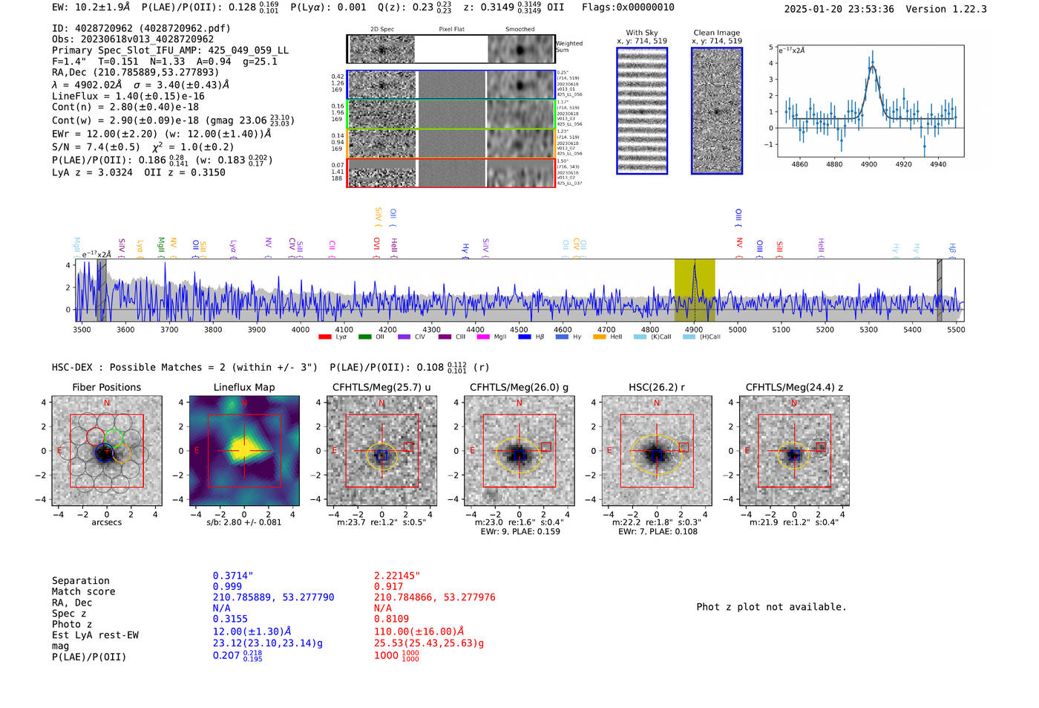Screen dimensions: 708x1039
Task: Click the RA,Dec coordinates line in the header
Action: click(x=135, y=72)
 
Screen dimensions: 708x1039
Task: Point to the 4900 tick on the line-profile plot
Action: click(x=868, y=164)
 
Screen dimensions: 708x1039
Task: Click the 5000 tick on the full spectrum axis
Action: click(x=738, y=329)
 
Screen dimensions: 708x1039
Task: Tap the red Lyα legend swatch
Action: click(x=325, y=337)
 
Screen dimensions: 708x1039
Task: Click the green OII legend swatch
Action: click(x=364, y=337)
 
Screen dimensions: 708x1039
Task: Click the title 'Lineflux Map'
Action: click(x=243, y=387)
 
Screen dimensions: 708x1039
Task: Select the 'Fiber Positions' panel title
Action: click(x=106, y=387)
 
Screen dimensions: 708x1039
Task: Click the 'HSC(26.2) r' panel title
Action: click(x=656, y=387)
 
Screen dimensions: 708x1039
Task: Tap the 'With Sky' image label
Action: click(x=641, y=33)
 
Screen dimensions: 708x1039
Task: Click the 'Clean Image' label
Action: click(x=716, y=33)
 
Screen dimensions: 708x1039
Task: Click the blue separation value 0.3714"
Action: click(x=233, y=576)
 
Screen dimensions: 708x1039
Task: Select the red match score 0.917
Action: click(x=388, y=586)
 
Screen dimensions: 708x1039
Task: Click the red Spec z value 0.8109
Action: click(x=391, y=618)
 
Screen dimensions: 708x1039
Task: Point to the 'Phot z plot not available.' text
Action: click(x=771, y=607)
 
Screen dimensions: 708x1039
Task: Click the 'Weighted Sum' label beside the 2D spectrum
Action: click(x=569, y=47)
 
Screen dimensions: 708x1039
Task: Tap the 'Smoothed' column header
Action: click(x=519, y=30)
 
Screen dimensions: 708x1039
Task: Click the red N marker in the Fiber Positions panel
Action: click(x=107, y=403)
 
